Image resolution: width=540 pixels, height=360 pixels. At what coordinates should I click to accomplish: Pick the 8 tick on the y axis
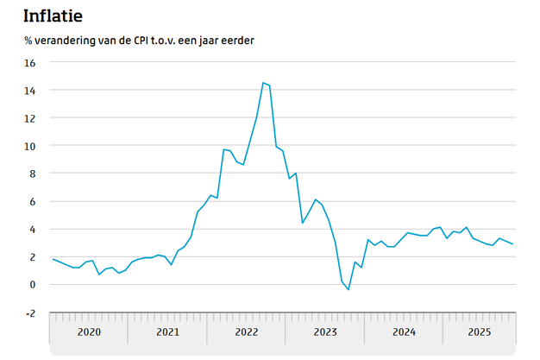pos(32,174)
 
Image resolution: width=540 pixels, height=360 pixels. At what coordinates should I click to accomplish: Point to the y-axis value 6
pos(32,201)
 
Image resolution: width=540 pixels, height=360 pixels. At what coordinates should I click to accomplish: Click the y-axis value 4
pos(32,229)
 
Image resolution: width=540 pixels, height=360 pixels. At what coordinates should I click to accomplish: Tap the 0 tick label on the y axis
pos(32,284)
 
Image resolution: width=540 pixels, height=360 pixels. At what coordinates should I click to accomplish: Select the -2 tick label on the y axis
pos(30,313)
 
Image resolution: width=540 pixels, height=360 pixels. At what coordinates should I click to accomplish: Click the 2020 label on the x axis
pos(89,332)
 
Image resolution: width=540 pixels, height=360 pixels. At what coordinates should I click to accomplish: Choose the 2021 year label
pos(167,332)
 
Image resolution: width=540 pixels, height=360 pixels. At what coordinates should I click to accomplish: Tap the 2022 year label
pos(246,332)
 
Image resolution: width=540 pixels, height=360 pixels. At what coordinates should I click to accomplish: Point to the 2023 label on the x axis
pos(324,332)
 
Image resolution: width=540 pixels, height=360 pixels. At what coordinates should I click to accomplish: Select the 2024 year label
pos(403,332)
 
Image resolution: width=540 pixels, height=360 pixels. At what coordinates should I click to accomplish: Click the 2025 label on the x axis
pos(479,332)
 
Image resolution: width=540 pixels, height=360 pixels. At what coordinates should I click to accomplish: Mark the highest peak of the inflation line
pos(263,83)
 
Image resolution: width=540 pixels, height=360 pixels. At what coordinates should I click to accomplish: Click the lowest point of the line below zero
pos(348,290)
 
